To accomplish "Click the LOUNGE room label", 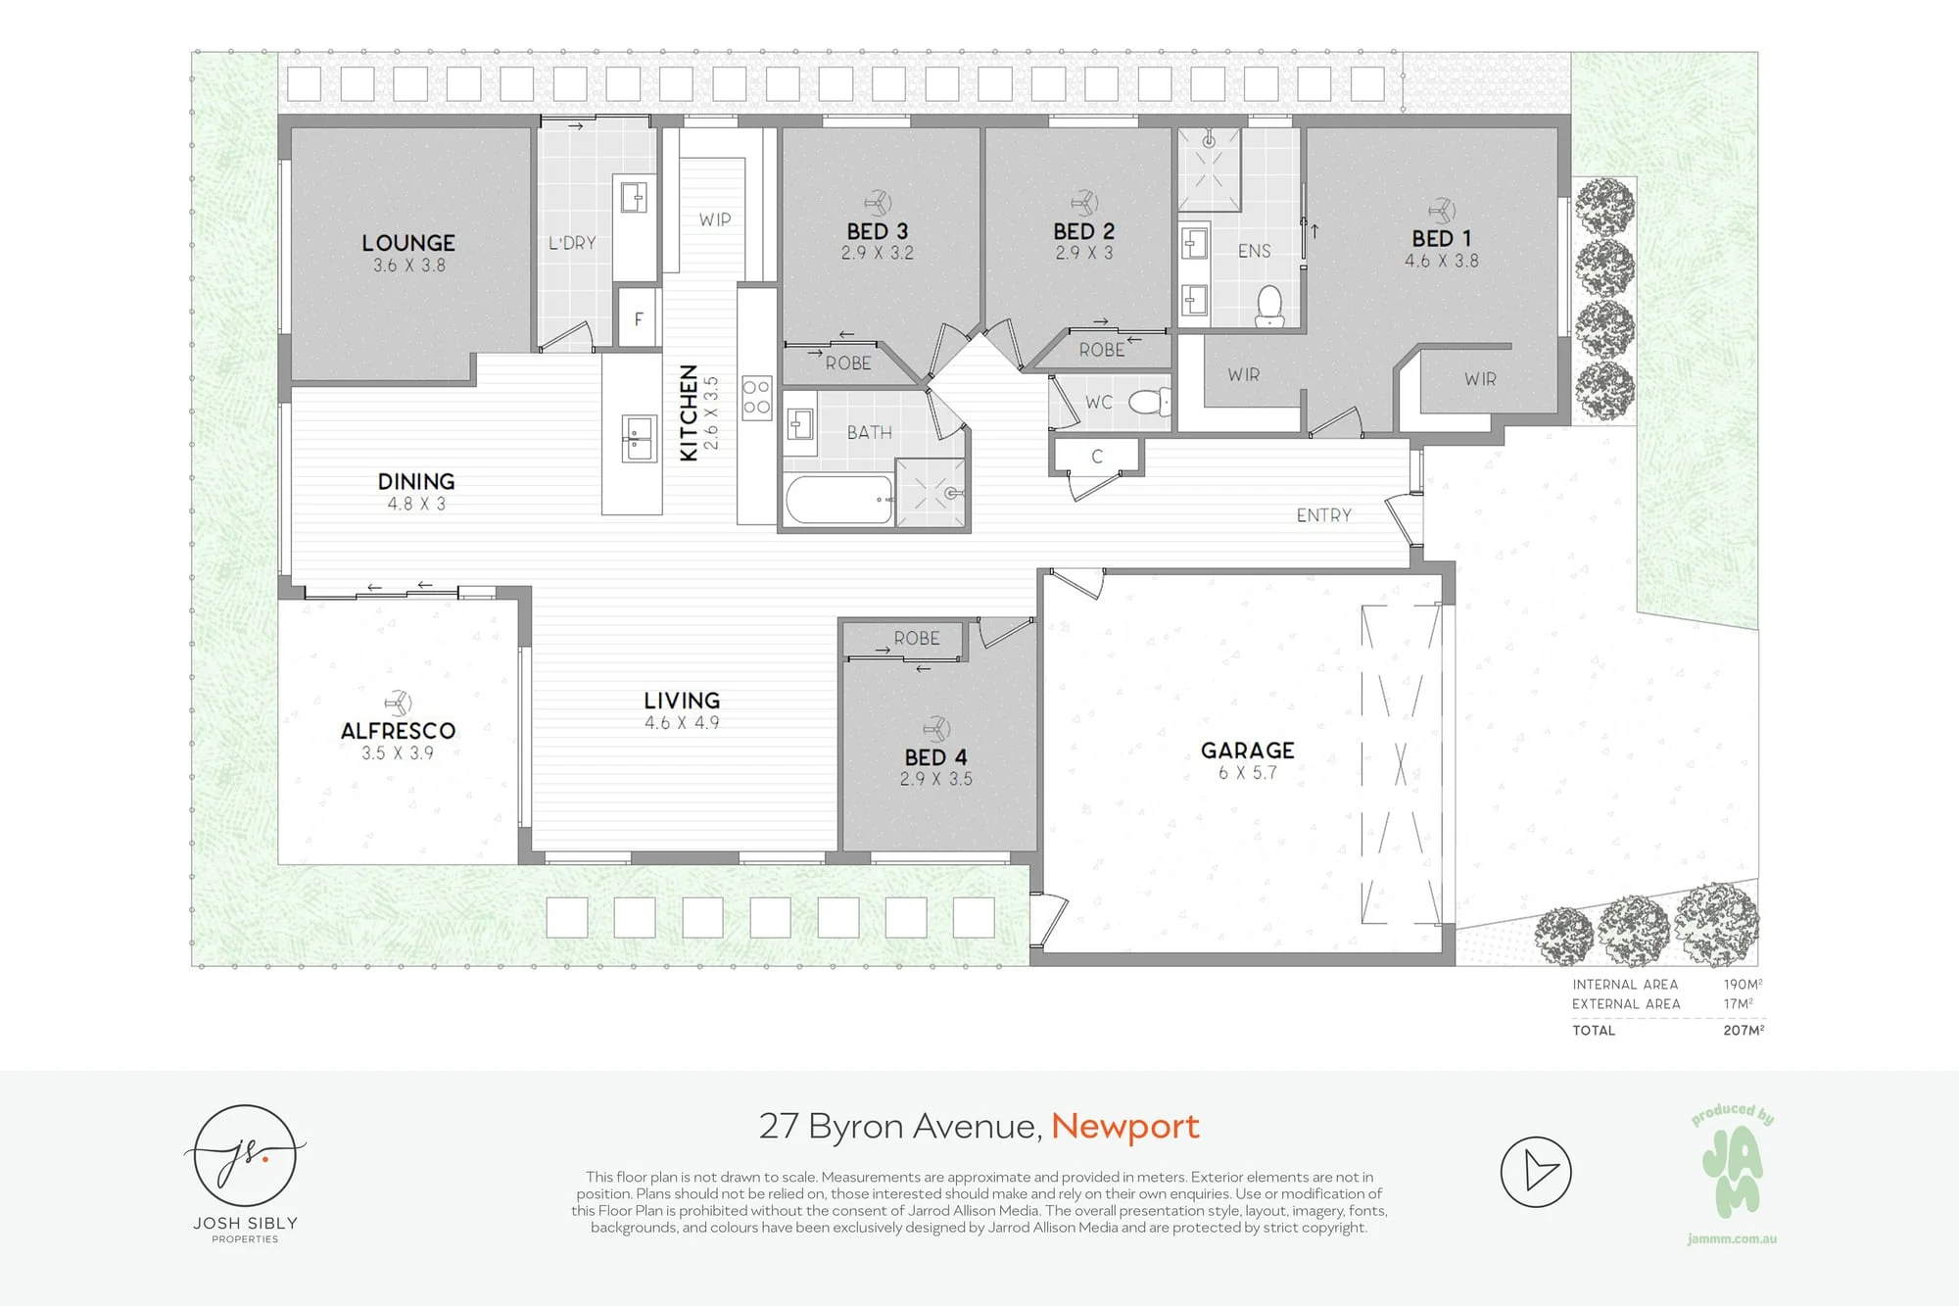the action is [408, 243].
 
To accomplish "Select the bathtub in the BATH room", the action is [839, 500].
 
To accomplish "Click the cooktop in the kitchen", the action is [756, 398].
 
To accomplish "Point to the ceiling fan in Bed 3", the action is [878, 203].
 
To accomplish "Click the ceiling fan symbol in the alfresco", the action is [398, 702].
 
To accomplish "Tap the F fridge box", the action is [638, 317].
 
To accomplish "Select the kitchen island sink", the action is [639, 438].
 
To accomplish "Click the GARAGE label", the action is [1248, 750].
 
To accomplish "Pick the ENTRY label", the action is [1324, 515].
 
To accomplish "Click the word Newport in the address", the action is [1125, 1127].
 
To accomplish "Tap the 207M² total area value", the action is [1744, 1030].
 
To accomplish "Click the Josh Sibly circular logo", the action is [245, 1156].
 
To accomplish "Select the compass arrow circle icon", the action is [1536, 1172].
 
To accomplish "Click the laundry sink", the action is [634, 197].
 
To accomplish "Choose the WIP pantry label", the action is [715, 219].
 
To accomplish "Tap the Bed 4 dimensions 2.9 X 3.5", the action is [936, 779].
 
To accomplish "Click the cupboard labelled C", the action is [1096, 457].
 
